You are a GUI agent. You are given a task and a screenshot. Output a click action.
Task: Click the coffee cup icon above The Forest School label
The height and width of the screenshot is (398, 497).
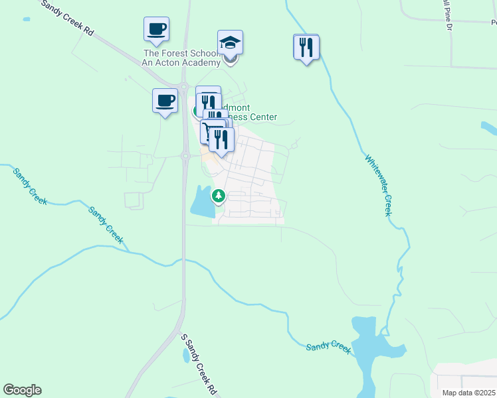click(156, 30)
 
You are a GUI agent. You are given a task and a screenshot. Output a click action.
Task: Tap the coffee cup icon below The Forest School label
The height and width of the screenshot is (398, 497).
click(165, 101)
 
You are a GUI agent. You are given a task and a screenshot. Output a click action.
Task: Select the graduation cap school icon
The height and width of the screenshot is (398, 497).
click(230, 43)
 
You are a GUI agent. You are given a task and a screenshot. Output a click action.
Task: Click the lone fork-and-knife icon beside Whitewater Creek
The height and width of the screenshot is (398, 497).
click(306, 48)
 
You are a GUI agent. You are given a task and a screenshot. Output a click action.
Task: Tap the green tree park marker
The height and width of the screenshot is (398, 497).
click(219, 196)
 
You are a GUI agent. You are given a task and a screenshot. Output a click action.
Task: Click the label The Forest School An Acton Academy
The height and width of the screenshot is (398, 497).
click(181, 58)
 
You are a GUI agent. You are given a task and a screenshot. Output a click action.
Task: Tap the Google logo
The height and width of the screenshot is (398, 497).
click(22, 390)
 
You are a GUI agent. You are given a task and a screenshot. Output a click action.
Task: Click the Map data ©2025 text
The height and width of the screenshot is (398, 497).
click(469, 393)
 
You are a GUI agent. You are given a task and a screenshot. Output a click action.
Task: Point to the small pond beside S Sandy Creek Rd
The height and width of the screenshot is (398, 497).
click(185, 356)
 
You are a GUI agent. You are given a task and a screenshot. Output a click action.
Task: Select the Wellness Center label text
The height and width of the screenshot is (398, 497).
click(253, 117)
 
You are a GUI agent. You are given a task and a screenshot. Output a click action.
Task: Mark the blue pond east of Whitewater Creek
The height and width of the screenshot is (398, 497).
click(488, 128)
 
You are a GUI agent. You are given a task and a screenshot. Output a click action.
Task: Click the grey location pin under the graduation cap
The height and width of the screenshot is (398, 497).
click(231, 60)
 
